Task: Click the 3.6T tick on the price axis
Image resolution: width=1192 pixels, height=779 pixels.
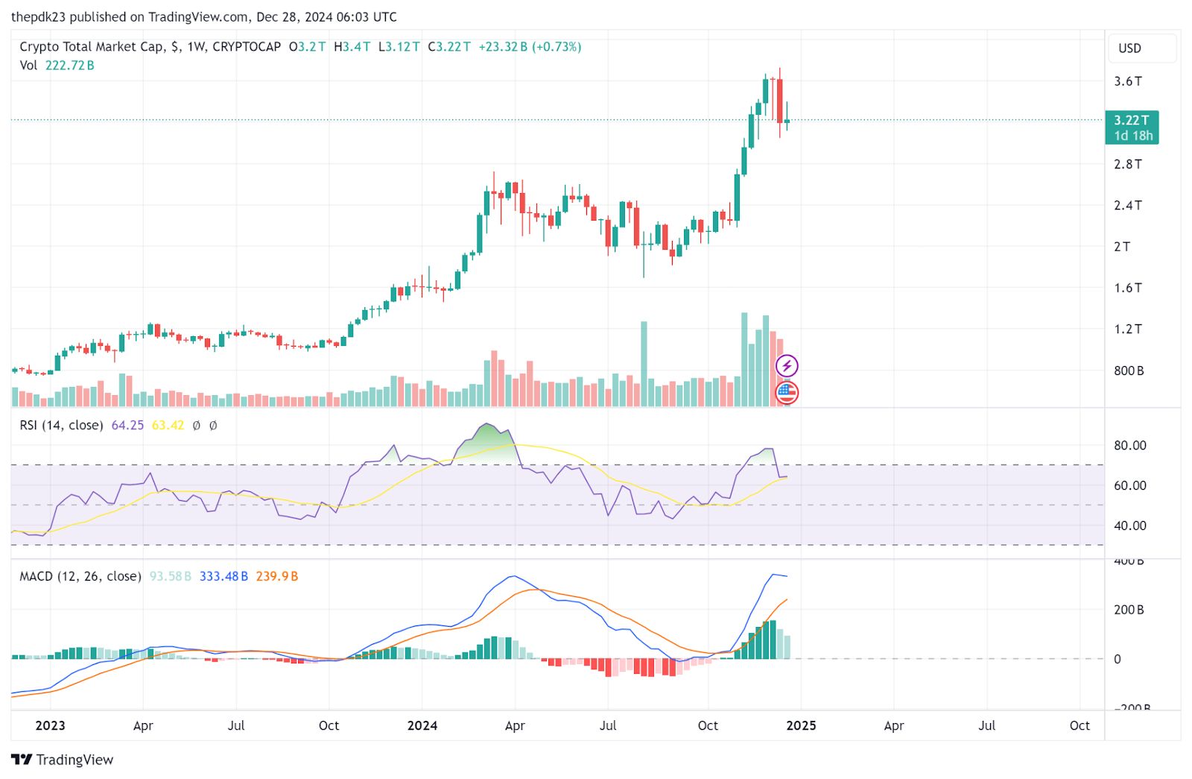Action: point(1127,81)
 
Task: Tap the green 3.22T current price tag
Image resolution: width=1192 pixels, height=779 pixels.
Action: point(1132,127)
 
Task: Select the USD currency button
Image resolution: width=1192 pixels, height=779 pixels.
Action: point(1129,48)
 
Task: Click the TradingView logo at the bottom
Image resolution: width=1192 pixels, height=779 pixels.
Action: point(63,760)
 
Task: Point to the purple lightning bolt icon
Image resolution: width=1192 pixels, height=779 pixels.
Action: point(787,366)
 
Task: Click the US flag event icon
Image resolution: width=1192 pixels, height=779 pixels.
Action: point(787,392)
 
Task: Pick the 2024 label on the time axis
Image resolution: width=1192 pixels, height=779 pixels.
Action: point(422,725)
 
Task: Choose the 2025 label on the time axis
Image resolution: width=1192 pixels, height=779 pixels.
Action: point(801,725)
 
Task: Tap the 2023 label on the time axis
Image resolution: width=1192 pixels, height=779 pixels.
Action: point(50,725)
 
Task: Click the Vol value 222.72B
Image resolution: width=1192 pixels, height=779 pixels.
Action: point(69,66)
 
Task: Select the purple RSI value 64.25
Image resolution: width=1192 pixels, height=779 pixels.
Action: point(127,426)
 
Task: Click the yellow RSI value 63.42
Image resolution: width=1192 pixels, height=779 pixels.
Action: point(168,426)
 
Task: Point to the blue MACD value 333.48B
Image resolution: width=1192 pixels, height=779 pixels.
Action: point(223,576)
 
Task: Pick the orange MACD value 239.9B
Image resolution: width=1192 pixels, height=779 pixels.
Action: point(276,576)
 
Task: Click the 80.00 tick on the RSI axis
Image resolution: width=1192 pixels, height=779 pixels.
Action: point(1129,446)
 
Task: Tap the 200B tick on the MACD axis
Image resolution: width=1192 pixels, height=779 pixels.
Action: point(1128,610)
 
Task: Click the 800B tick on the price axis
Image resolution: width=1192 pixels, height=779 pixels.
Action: point(1128,370)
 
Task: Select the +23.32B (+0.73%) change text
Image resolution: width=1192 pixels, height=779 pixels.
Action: point(530,47)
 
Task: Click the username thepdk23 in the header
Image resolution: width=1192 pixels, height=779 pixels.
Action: point(37,16)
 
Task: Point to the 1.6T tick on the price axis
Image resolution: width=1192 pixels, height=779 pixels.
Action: point(1127,288)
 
